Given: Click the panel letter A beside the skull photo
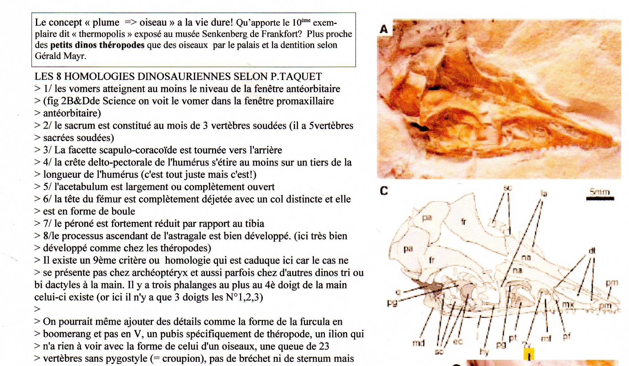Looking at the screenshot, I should (x=384, y=29).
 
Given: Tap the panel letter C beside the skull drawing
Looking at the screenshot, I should (x=384, y=191).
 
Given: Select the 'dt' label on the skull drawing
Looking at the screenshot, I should (x=592, y=251).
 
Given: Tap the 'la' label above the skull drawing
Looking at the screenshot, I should (x=544, y=193).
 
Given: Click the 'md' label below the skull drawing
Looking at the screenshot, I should (x=418, y=343).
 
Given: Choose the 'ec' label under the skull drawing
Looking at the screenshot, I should (x=458, y=341).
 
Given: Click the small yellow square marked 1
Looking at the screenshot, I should (x=529, y=354).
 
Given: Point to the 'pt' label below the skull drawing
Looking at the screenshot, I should (x=513, y=338).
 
